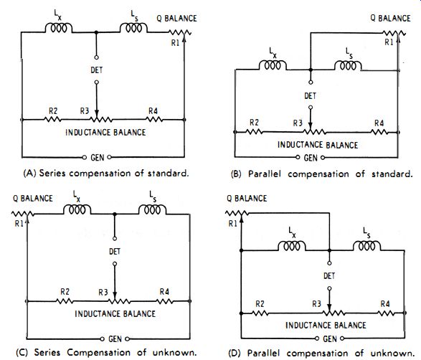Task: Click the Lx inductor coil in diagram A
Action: click(x=59, y=28)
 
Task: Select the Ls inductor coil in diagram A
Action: click(x=133, y=28)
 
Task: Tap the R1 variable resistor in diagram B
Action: click(x=394, y=33)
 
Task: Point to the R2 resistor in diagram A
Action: click(x=52, y=119)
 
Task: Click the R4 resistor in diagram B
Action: click(x=379, y=132)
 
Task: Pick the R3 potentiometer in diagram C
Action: click(x=119, y=301)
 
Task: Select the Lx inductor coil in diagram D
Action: click(x=292, y=246)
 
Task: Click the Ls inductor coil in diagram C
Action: click(x=152, y=209)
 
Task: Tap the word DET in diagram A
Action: click(x=96, y=70)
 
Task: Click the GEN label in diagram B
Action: click(x=311, y=158)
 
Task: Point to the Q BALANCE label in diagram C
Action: click(x=33, y=199)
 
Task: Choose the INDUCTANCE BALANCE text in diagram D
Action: click(x=326, y=326)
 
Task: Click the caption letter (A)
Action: click(x=29, y=173)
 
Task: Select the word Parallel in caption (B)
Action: click(x=265, y=174)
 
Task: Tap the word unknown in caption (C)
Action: click(x=174, y=352)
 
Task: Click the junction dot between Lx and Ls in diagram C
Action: click(x=115, y=214)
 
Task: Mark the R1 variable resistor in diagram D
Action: click(x=237, y=214)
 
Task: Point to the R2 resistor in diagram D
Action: click(x=260, y=313)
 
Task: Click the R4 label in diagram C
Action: click(x=164, y=292)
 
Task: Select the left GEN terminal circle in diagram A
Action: click(x=85, y=157)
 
